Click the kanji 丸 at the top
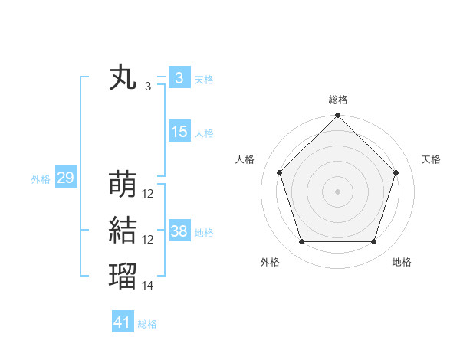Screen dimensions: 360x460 123,78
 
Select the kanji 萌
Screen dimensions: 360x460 123,185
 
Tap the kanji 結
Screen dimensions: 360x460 123,231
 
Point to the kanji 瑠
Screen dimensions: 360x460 123,276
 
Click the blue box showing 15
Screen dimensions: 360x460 179,132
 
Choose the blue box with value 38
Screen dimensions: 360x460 179,231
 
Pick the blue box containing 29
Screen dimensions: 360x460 65,178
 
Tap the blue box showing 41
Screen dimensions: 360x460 123,322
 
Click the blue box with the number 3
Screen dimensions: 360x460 179,78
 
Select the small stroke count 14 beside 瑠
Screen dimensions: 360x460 148,285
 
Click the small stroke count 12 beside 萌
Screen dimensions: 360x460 148,194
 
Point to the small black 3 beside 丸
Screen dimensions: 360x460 148,87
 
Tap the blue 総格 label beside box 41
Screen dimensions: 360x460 147,324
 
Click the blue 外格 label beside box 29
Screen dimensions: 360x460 41,179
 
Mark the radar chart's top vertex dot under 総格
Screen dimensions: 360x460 337,116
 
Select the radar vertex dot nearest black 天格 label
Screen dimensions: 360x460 396,172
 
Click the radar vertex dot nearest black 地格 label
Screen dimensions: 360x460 374,242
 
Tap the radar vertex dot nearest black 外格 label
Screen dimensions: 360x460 301,242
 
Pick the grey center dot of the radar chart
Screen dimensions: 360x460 337,191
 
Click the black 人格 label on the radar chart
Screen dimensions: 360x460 245,159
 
